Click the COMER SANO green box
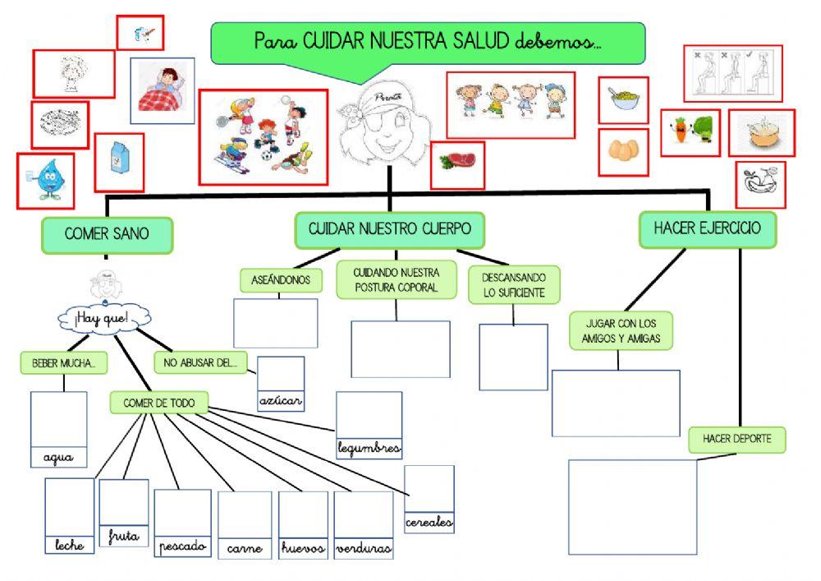pyautogui.click(x=107, y=235)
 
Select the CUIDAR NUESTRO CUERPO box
pyautogui.click(x=389, y=230)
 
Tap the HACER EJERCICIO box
pyautogui.click(x=707, y=229)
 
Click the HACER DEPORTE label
pyautogui.click(x=736, y=440)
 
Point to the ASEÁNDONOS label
pyautogui.click(x=280, y=280)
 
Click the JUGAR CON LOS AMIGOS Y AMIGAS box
pyautogui.click(x=621, y=330)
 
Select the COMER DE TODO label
pyautogui.click(x=158, y=403)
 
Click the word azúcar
pyautogui.click(x=281, y=402)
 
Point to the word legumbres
pyautogui.click(x=369, y=448)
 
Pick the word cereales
pyautogui.click(x=429, y=523)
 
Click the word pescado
pyautogui.click(x=182, y=546)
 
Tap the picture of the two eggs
pyautogui.click(x=623, y=151)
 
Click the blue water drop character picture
pyautogui.click(x=45, y=181)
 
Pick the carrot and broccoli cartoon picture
pyautogui.click(x=690, y=132)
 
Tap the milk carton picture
pyautogui.click(x=119, y=163)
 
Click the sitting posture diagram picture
pyautogui.click(x=732, y=74)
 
